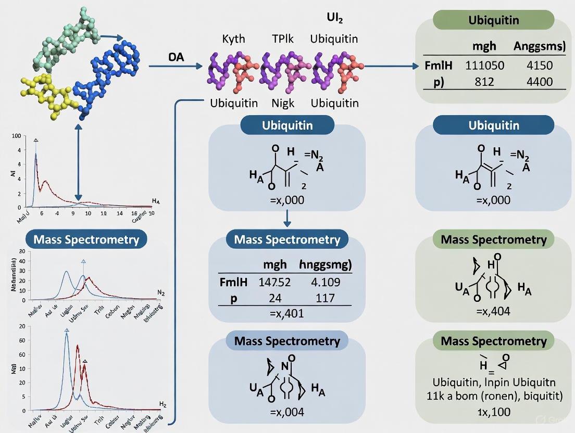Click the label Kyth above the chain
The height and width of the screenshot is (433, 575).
(233, 39)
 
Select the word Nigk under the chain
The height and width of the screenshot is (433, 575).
(283, 103)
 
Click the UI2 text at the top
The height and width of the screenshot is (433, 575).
(334, 17)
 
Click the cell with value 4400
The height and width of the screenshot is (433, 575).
(539, 82)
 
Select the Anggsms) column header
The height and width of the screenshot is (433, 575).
(539, 46)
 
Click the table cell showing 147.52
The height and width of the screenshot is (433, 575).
(274, 283)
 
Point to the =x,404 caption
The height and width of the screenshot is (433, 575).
(493, 311)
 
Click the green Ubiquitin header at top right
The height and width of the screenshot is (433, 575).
(493, 22)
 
